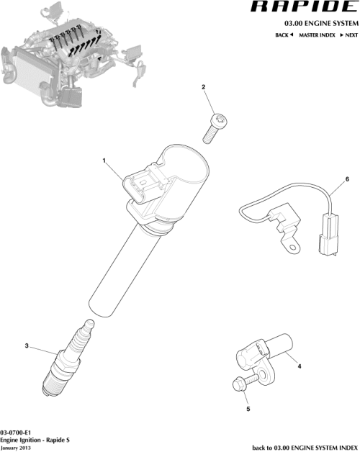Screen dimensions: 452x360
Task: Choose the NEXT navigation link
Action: [x=349, y=35]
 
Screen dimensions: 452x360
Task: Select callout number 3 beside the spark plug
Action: [x=27, y=347]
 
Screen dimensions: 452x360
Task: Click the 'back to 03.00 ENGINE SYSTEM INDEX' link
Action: [x=304, y=447]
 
